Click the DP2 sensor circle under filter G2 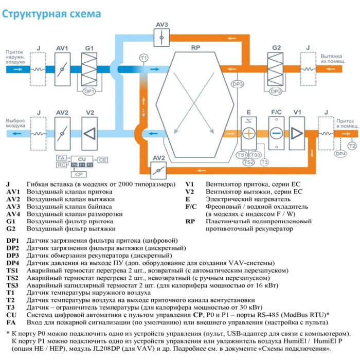coord(276,91)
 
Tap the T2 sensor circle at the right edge coord(352,146)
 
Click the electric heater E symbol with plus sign coord(248,132)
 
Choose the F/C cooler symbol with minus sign coord(276,132)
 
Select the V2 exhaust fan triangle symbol coord(89,132)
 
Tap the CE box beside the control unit coord(102,160)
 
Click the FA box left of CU coord(61,157)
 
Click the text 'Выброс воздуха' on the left coord(15,123)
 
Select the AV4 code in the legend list coord(13,213)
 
